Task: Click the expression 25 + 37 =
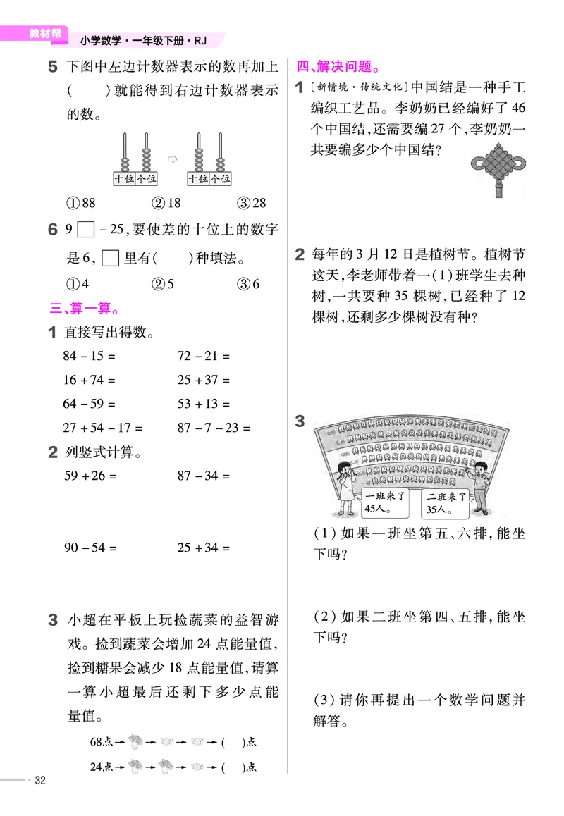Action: (204, 381)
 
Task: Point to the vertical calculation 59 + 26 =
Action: (88, 476)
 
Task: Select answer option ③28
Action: (252, 203)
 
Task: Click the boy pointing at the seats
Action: (481, 486)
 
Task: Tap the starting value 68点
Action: (102, 742)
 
